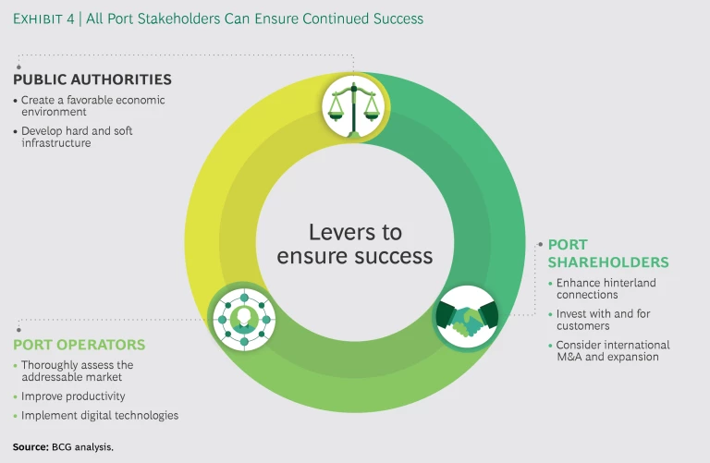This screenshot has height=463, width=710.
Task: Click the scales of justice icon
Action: coord(355,107)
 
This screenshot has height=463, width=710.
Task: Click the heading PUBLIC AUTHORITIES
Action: coord(92,79)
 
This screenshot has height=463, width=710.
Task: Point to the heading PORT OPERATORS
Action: coord(80,345)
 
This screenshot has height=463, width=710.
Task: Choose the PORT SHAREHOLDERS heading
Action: coord(607,253)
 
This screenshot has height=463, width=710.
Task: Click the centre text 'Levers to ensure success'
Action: coord(355,243)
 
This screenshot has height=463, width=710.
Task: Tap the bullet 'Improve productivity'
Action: coord(73,396)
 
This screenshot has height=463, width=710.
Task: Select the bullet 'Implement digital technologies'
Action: coord(100,416)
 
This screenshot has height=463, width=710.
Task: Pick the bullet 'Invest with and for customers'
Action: coord(601,320)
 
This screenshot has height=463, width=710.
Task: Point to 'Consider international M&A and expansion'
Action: coord(613,350)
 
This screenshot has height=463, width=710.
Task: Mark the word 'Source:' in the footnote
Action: coord(30,446)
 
